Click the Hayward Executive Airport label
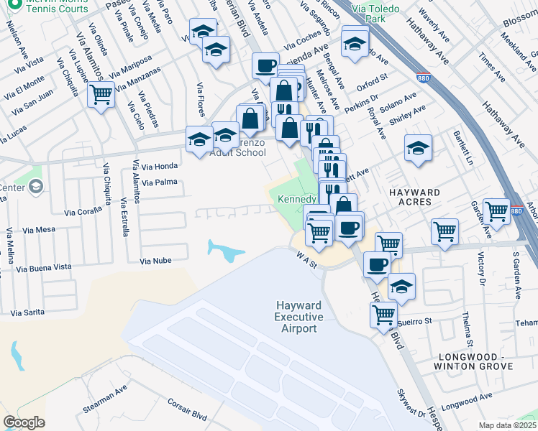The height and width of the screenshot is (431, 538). tap(298, 317)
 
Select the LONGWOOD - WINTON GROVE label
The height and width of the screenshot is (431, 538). tap(473, 361)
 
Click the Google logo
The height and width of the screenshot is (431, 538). tap(24, 422)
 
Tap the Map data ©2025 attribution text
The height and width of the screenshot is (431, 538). tap(508, 425)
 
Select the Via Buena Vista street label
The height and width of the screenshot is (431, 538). tap(44, 267)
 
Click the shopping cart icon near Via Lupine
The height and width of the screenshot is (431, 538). tap(101, 93)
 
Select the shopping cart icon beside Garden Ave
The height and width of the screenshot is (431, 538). tap(496, 210)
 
